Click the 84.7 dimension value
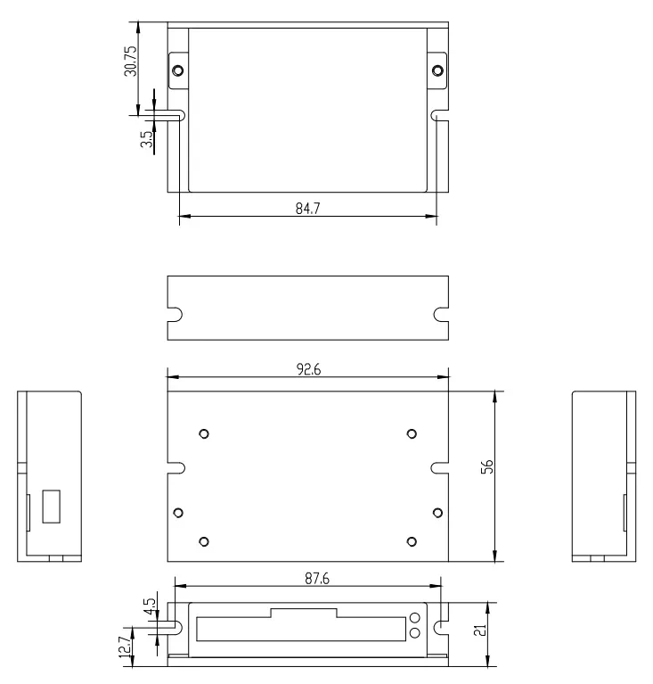[306, 208]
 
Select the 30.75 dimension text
[130, 60]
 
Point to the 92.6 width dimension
[306, 369]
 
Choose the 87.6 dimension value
[306, 579]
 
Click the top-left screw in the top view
[179, 70]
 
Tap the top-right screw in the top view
[437, 70]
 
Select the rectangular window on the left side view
[52, 506]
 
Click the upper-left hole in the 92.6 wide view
[204, 433]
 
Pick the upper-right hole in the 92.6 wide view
[411, 433]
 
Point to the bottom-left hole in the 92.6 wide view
[204, 541]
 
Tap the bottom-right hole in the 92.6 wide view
[411, 541]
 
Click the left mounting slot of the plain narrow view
[175, 315]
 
